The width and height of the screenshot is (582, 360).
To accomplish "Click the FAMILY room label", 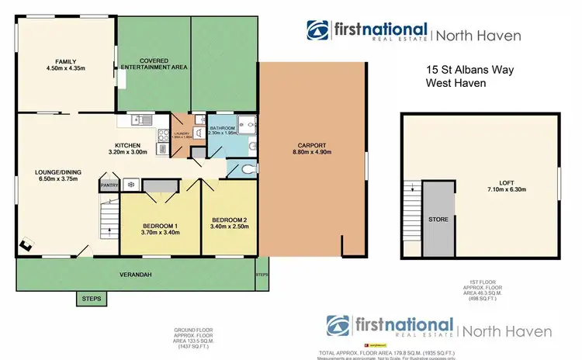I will (x=64, y=61).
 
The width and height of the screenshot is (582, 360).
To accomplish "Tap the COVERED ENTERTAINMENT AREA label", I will (x=154, y=64).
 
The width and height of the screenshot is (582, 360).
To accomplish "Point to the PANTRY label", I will (x=108, y=185).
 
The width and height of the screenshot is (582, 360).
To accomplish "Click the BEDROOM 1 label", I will (x=160, y=226).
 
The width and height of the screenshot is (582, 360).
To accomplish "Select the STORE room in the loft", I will (x=438, y=220).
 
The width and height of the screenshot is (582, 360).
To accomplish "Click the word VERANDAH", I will (x=134, y=274).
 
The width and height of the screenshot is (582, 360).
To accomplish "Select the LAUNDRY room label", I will (x=182, y=133).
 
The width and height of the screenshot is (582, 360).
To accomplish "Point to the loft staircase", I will (x=413, y=207).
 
